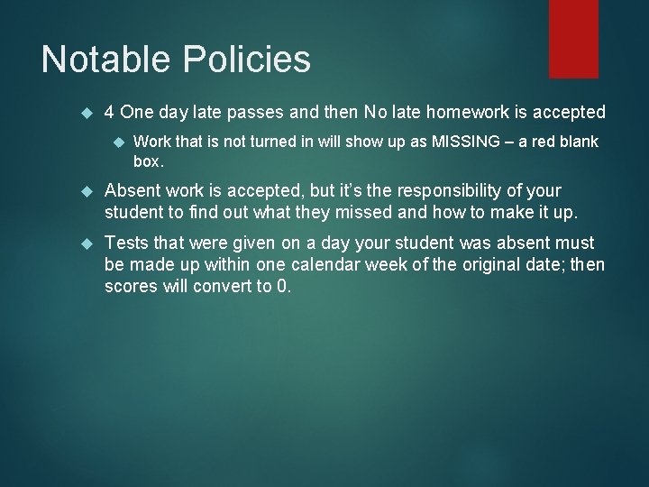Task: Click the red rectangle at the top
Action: click(x=573, y=38)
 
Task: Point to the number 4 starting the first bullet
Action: click(x=109, y=113)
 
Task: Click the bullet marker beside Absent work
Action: click(x=87, y=191)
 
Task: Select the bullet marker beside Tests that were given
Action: click(x=87, y=243)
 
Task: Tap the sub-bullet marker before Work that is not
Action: click(x=116, y=142)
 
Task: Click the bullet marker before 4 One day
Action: click(x=87, y=113)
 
